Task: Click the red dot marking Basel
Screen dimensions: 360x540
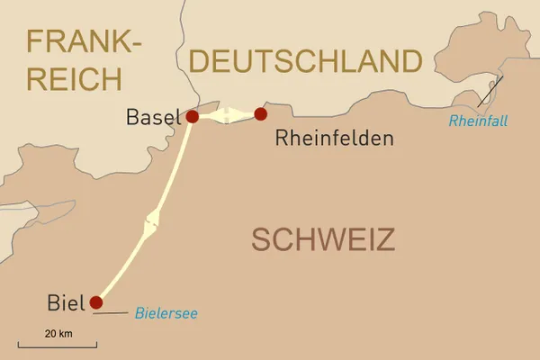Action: (191, 116)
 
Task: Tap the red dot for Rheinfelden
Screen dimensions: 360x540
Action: (260, 113)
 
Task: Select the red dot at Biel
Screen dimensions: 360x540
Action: (96, 302)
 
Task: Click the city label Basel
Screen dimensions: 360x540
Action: (153, 117)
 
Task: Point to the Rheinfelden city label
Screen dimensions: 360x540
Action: (335, 139)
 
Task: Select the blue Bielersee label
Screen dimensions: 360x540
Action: (166, 314)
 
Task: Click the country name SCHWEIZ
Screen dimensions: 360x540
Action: (323, 240)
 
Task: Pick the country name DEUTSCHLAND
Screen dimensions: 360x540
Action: (306, 62)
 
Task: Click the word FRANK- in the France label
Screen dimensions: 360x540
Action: (84, 42)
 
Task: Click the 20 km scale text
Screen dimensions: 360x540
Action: (58, 334)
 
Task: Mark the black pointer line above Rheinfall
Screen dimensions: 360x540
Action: (490, 90)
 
